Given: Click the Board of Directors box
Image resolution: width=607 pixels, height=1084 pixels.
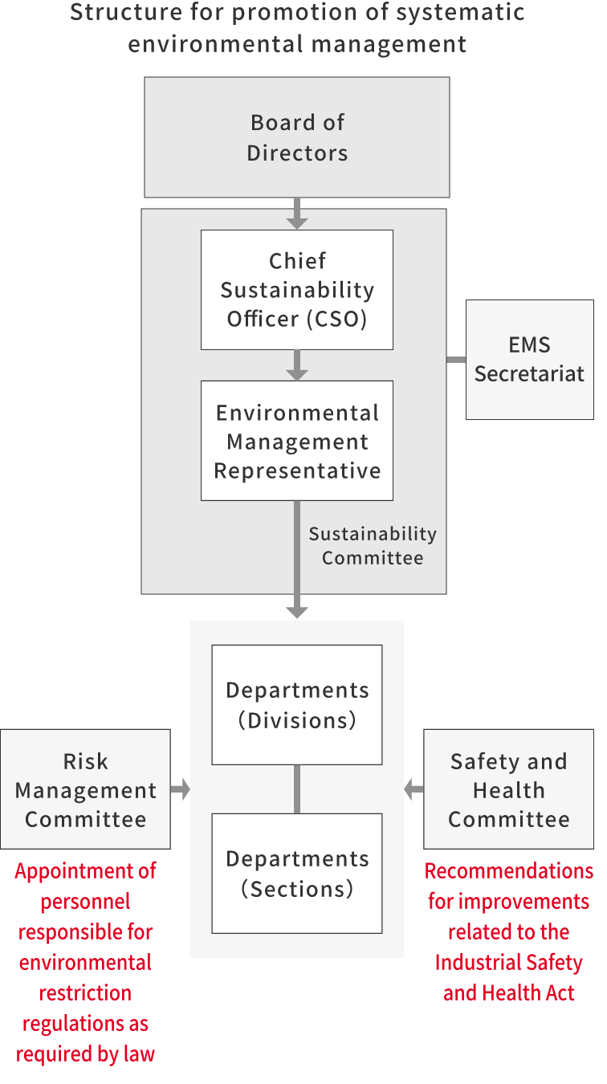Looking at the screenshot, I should click(x=297, y=137).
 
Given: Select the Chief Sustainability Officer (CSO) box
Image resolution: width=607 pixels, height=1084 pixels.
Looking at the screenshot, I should click(x=297, y=290).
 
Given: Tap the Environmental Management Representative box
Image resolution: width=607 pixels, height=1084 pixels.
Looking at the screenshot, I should click(x=297, y=441).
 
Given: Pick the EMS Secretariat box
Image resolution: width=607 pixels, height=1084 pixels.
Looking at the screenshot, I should click(x=529, y=360).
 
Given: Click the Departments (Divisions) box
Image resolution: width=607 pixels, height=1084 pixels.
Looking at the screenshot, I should click(x=297, y=705).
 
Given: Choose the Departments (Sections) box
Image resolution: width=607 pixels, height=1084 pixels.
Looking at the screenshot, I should click(x=297, y=874).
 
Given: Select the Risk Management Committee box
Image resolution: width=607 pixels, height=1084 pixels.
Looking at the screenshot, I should click(x=85, y=789).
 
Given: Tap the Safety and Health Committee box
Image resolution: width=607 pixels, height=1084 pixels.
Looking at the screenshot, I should click(x=508, y=789).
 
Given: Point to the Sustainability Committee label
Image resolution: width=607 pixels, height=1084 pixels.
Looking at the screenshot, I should click(x=373, y=546).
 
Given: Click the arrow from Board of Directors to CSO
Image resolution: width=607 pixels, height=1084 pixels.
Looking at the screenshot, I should click(x=297, y=214).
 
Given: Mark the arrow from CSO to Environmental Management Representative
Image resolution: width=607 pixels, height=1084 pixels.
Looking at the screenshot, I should click(x=297, y=365).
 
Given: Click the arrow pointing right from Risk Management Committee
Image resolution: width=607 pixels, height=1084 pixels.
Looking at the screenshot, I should click(x=181, y=789).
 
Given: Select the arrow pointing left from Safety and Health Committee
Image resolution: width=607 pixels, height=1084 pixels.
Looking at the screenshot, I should click(x=413, y=789).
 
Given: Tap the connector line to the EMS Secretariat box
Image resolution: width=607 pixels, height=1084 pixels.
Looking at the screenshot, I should click(x=456, y=359).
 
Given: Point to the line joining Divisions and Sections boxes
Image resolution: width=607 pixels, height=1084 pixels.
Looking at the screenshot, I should click(x=297, y=789).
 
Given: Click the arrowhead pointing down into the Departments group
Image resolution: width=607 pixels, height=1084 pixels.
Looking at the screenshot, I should click(x=297, y=612).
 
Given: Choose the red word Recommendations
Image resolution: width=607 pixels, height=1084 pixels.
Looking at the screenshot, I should click(x=508, y=871).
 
